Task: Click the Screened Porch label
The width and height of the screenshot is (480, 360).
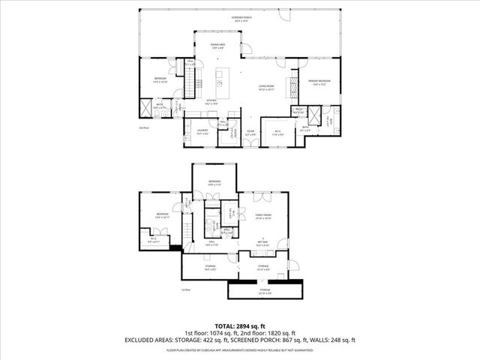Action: tap(239, 18)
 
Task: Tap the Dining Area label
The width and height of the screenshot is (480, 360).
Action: tap(217, 47)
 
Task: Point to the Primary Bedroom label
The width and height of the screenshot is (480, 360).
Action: tap(319, 82)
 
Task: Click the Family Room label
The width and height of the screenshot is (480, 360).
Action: tap(263, 216)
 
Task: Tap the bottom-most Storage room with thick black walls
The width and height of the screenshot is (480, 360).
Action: tap(265, 291)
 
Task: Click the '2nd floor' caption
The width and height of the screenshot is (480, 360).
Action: tap(143, 128)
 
